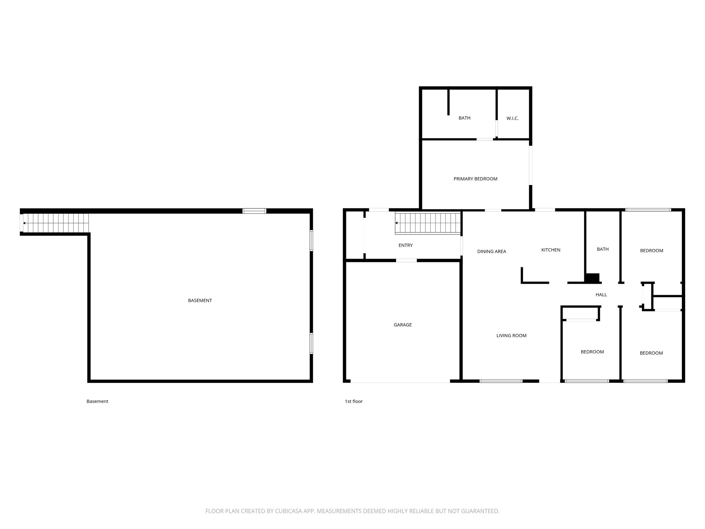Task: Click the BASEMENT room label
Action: tap(200, 301)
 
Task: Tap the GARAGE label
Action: tap(402, 325)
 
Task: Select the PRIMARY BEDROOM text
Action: tap(475, 179)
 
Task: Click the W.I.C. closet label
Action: tap(512, 118)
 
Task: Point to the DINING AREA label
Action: tap(491, 252)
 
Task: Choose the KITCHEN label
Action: tap(550, 250)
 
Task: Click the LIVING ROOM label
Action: tap(511, 336)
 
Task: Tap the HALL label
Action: tap(601, 295)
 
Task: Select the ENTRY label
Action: tap(405, 246)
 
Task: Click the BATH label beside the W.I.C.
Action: tap(464, 118)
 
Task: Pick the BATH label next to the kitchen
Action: tap(602, 249)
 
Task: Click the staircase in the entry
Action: tap(428, 223)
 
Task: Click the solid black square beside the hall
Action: tap(592, 278)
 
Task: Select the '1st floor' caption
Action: tap(354, 402)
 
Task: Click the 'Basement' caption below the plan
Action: tap(97, 402)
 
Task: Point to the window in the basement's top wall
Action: tap(254, 211)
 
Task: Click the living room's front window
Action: tap(501, 381)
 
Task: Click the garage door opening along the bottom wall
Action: tap(400, 382)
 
